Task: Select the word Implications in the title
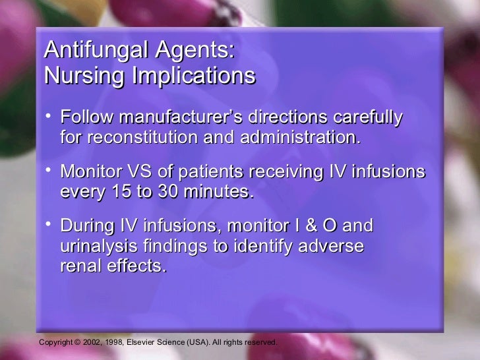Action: point(192,76)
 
